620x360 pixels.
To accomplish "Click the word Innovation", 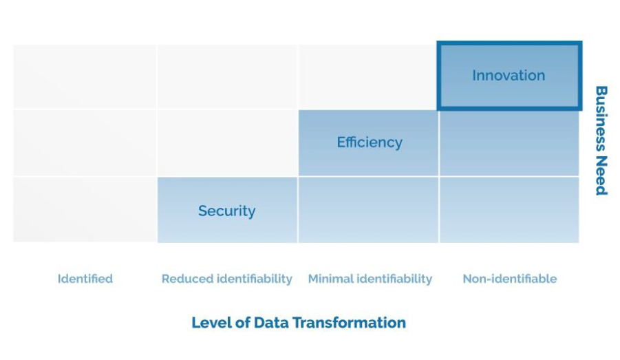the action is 509,75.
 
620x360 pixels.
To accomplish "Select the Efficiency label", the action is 370,142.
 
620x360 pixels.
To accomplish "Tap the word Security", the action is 226,211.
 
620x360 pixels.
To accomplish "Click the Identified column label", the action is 85,279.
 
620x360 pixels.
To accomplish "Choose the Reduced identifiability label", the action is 227,279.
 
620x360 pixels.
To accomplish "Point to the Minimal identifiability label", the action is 370,279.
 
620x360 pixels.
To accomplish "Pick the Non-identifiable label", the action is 510,279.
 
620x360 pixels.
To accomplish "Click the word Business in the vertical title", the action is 601,118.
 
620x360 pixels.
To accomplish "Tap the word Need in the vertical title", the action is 601,176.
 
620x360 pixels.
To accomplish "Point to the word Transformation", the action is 349,322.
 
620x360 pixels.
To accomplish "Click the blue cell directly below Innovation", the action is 509,142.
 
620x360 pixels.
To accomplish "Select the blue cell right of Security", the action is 369,210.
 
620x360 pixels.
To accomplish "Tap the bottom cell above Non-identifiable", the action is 509,210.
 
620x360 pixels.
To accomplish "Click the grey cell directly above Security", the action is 227,142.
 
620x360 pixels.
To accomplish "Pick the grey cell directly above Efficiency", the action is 369,76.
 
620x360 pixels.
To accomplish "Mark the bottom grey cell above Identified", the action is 85,210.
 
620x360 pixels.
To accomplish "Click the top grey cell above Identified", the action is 85,76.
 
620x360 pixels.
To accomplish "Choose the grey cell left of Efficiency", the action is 227,142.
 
